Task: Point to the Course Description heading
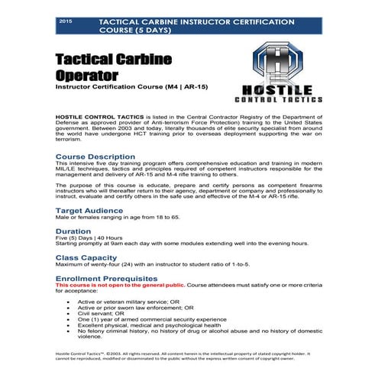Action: (x=95, y=157)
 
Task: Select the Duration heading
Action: (x=73, y=230)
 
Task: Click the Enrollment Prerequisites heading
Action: (x=107, y=279)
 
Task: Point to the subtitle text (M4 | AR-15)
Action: (x=198, y=89)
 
